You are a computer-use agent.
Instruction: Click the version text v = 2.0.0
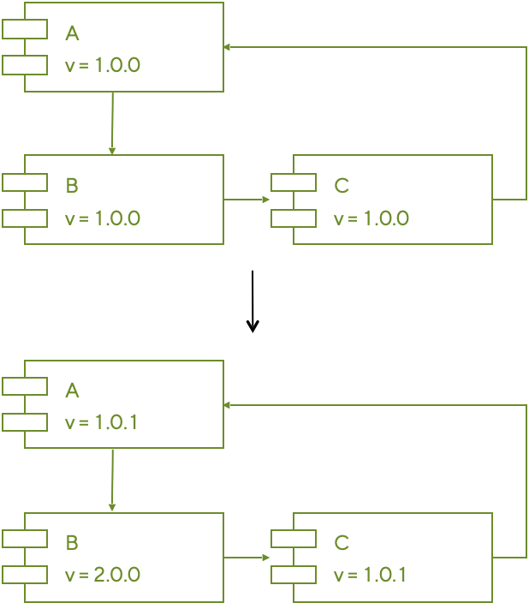click(x=102, y=575)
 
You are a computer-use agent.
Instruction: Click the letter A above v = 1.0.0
click(x=72, y=33)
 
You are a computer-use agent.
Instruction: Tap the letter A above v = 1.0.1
click(x=72, y=391)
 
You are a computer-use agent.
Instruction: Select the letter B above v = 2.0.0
click(x=72, y=542)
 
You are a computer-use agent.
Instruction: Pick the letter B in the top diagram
click(x=72, y=185)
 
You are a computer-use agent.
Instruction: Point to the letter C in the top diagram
click(x=342, y=185)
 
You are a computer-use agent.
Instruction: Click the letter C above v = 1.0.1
click(x=342, y=542)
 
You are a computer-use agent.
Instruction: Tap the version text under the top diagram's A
click(x=102, y=65)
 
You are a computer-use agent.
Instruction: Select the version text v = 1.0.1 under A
click(x=102, y=423)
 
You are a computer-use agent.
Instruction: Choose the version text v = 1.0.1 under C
click(x=371, y=575)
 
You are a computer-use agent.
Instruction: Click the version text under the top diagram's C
click(x=371, y=218)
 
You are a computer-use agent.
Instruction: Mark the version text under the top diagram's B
click(x=102, y=218)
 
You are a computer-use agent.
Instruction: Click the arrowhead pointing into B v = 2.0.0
click(x=112, y=508)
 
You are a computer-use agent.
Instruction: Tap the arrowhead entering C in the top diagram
click(x=266, y=200)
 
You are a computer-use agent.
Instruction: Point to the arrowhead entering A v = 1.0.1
click(x=228, y=404)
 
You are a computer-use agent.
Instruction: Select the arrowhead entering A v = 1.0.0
click(x=228, y=47)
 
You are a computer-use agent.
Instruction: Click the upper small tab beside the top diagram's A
click(x=25, y=30)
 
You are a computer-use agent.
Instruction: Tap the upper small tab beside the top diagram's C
click(x=294, y=182)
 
